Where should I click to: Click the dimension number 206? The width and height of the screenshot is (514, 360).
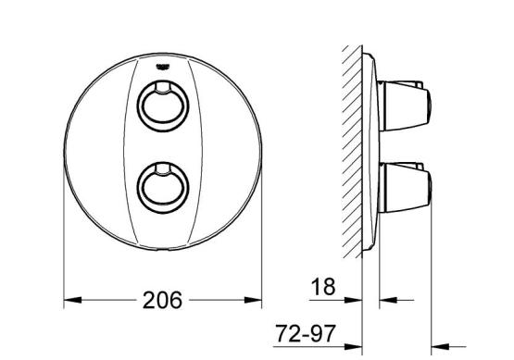[x=162, y=300]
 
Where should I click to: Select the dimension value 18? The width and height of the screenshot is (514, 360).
[x=323, y=287]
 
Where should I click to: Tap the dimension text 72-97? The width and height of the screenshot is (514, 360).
[x=306, y=334]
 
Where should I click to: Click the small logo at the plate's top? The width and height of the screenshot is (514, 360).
[x=163, y=67]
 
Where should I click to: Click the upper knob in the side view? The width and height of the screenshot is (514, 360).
[x=405, y=106]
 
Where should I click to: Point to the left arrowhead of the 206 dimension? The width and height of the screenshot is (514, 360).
[x=72, y=300]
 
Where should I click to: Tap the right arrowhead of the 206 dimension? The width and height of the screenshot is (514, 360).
[x=253, y=300]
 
